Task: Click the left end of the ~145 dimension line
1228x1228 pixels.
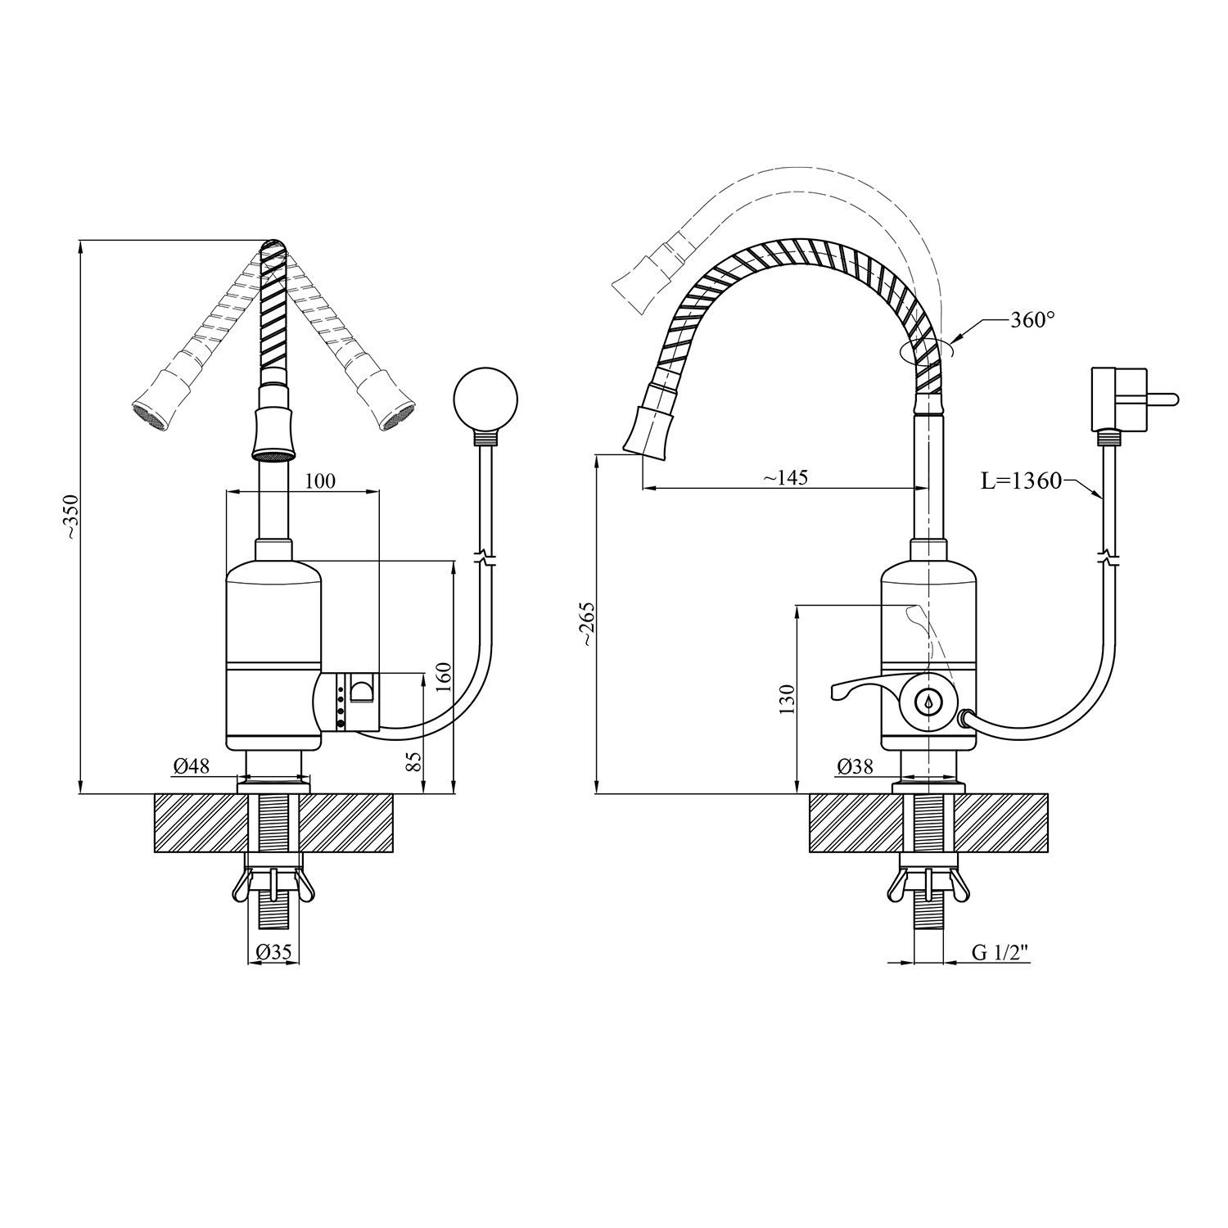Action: click(643, 489)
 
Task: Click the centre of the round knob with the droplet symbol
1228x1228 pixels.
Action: click(928, 702)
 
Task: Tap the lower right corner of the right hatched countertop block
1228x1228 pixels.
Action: click(1049, 852)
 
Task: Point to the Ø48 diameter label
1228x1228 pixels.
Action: click(192, 767)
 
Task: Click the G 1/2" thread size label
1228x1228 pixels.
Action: click(1000, 953)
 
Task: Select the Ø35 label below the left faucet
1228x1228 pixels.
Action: click(274, 953)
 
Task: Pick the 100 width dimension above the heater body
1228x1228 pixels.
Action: click(320, 481)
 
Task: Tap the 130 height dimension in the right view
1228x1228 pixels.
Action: click(787, 701)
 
